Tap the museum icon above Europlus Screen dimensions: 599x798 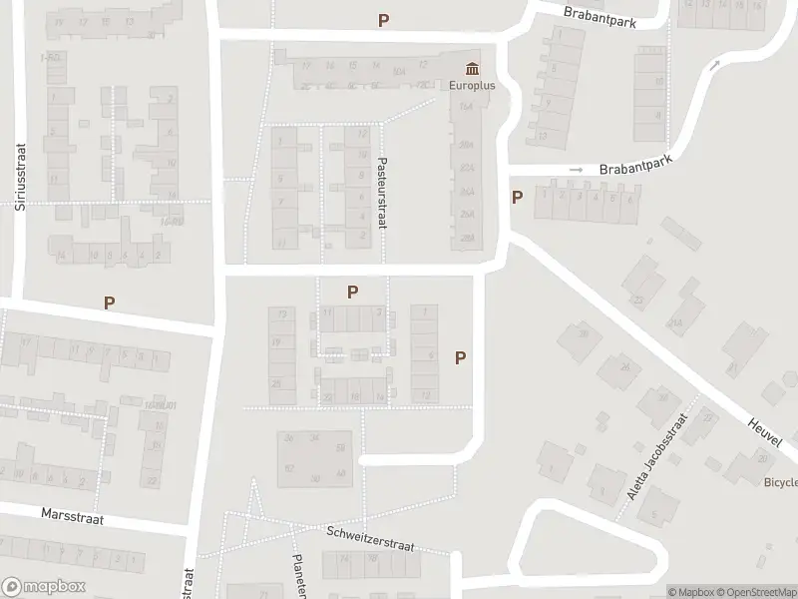pos(471,69)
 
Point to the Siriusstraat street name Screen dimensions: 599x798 pos(19,176)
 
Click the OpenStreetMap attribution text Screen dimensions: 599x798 pos(755,591)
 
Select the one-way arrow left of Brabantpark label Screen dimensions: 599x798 pos(576,171)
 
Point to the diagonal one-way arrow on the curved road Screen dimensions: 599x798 pos(714,66)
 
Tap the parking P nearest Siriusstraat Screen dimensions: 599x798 pos(109,302)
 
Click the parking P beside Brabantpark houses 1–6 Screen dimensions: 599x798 pos(517,197)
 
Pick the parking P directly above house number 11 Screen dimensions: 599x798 pos(352,292)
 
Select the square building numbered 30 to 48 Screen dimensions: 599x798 pos(315,458)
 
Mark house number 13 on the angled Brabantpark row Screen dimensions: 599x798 pos(541,134)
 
